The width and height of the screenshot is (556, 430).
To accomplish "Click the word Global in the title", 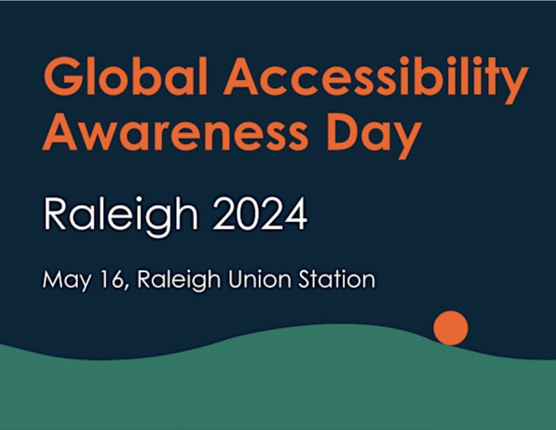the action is tap(125, 76).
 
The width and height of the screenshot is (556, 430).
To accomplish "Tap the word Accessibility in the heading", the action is tap(375, 80).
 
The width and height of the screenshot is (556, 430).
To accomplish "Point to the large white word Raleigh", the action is tap(121, 217).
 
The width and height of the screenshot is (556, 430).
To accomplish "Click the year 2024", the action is tap(260, 214).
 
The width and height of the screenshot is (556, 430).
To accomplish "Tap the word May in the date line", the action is tap(67, 280).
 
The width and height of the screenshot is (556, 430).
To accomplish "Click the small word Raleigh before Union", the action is tap(179, 280).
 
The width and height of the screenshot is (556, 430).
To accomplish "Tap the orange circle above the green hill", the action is tap(451, 328).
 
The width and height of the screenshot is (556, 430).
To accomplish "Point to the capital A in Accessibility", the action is tap(241, 76).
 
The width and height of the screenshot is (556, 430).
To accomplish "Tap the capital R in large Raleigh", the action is tap(55, 214).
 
